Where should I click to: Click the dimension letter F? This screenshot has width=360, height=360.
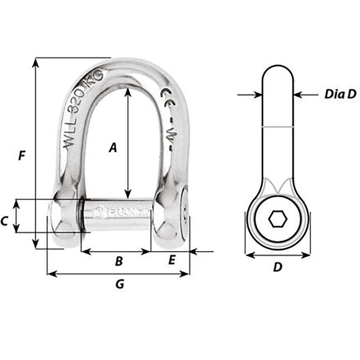22,156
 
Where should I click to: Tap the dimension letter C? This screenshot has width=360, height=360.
4,222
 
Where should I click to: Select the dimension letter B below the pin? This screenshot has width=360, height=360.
118,261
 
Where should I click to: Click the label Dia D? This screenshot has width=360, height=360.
339,95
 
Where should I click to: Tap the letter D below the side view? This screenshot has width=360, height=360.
277,267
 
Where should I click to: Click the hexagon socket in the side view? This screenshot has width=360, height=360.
277,219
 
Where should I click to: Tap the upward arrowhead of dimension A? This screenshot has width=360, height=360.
128,90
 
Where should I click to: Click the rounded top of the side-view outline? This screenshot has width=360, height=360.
277,67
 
